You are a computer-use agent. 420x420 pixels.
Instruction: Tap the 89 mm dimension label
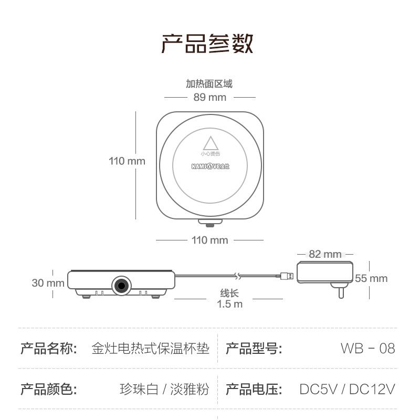209,97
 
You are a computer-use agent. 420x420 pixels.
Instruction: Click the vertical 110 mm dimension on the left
127,161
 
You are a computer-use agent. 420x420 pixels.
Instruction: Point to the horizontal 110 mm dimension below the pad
209,240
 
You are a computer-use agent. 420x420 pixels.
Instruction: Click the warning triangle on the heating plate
210,143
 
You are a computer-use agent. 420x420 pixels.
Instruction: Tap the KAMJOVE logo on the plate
210,167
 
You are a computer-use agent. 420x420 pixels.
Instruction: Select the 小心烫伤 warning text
210,154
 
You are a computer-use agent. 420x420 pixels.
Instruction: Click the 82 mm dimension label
325,254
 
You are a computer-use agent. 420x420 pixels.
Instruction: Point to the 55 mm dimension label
371,278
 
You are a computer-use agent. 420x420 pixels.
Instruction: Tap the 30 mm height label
48,283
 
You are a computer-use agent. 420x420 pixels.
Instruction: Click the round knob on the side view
121,285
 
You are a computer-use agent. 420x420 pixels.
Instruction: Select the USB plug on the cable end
287,276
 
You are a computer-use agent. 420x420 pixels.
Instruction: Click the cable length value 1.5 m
230,304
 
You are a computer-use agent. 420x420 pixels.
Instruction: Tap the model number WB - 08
367,348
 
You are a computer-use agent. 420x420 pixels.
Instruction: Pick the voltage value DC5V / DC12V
347,389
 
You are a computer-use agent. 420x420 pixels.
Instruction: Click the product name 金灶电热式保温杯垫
150,348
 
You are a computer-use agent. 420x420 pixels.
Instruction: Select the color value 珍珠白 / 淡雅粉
164,389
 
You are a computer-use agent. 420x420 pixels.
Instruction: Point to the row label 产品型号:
254,348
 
